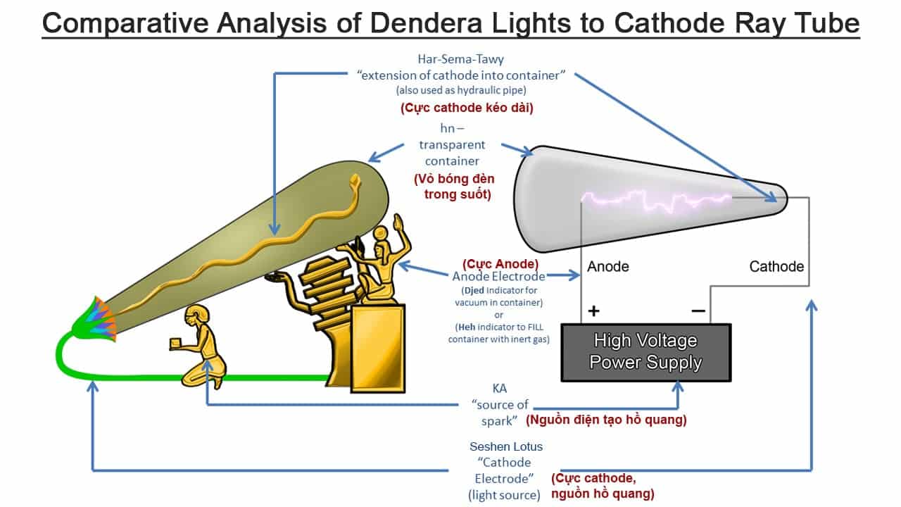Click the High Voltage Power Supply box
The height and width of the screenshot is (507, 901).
pos(646,353)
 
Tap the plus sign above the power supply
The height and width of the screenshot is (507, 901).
pos(593,311)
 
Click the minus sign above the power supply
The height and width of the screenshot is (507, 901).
pos(698,311)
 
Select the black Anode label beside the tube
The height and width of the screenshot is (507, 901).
pos(607,266)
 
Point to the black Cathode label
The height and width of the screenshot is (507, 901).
pos(776,266)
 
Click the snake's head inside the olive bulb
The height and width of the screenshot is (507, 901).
pos(355,180)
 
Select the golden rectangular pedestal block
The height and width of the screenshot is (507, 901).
pos(378,349)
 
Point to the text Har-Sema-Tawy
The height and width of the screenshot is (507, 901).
pos(460,59)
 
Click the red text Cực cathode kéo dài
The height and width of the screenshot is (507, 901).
pos(467,108)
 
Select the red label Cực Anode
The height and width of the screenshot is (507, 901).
pos(500,264)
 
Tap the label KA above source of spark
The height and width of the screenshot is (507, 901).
pos(500,388)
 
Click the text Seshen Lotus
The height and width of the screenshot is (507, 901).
pos(506,446)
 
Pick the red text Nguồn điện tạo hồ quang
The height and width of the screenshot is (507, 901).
pos(606,420)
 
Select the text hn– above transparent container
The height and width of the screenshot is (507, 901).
pos(452,128)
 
